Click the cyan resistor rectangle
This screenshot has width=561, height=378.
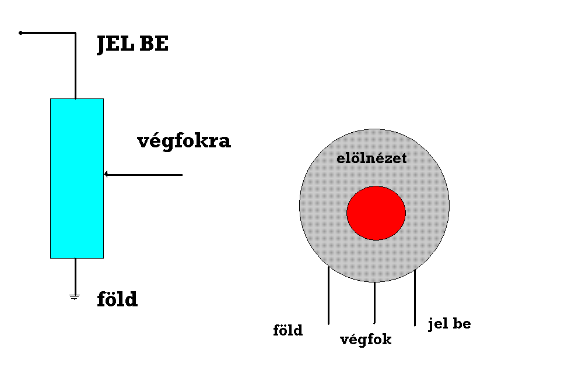[x=76, y=178]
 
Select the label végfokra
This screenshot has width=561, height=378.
[x=184, y=142]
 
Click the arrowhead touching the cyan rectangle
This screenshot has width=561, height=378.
[x=107, y=174]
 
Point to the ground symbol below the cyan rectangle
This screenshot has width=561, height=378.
[x=74, y=297]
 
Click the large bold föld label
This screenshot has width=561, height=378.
[x=117, y=300]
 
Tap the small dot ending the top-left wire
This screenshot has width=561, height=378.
[x=20, y=33]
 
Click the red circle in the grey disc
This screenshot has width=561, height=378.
[x=376, y=213]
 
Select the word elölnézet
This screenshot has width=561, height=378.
[x=371, y=158]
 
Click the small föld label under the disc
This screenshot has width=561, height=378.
[x=288, y=331]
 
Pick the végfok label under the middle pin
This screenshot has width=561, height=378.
[x=366, y=340]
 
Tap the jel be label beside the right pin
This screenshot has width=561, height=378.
[x=449, y=324]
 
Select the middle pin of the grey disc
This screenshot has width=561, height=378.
[x=374, y=302]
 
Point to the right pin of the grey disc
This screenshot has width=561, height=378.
[x=415, y=298]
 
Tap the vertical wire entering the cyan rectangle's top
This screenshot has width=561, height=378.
[x=75, y=67]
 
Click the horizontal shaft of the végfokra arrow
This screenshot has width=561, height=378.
[x=146, y=174]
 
